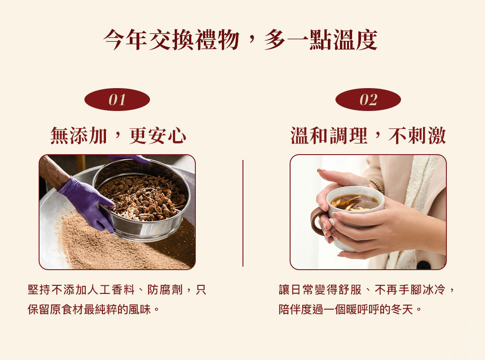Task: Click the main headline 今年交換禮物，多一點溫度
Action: click(240, 40)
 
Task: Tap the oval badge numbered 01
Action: click(117, 100)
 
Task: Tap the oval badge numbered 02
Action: click(368, 100)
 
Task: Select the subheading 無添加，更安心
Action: click(118, 136)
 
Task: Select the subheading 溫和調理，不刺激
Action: click(368, 136)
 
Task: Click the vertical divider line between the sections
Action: click(243, 213)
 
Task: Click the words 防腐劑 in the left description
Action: click(165, 290)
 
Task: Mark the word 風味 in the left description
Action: click(140, 309)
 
